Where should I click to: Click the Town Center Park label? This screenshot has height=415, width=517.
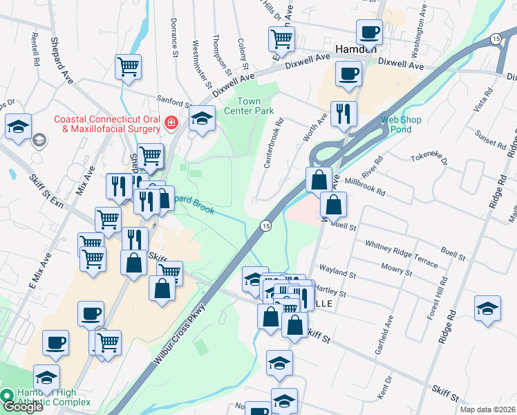pyautogui.click(x=250, y=106)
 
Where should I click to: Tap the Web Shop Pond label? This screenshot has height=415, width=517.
pyautogui.click(x=401, y=125)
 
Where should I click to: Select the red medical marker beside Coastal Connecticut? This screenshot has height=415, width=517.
pyautogui.click(x=171, y=123)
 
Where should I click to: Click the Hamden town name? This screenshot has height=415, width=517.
pyautogui.click(x=355, y=50)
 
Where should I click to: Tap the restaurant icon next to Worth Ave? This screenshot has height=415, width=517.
pyautogui.click(x=344, y=115)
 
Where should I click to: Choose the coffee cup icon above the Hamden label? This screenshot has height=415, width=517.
pyautogui.click(x=369, y=32)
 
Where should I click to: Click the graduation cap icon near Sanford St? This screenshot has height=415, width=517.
pyautogui.click(x=201, y=119)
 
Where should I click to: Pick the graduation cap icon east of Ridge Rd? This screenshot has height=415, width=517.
pyautogui.click(x=487, y=308)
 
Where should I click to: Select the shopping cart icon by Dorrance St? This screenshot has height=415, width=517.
pyautogui.click(x=128, y=67)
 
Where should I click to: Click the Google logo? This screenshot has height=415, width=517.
pyautogui.click(x=22, y=407)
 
